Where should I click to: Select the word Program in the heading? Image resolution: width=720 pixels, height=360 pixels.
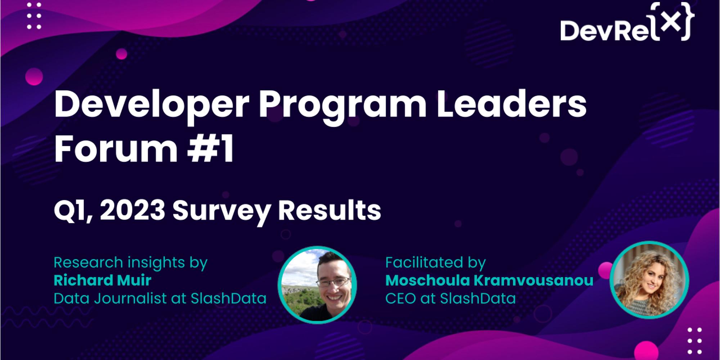pyautogui.click(x=342, y=105)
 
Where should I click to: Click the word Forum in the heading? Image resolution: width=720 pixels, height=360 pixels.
pyautogui.click(x=116, y=148)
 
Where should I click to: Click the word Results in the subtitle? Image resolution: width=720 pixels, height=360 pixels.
pyautogui.click(x=329, y=211)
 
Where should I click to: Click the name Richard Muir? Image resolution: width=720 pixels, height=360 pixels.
pyautogui.click(x=102, y=280)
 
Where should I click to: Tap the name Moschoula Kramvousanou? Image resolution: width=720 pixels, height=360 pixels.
pyautogui.click(x=489, y=280)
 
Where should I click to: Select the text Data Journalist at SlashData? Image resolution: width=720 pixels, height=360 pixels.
pyautogui.click(x=160, y=298)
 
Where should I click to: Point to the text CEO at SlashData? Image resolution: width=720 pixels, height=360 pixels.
pyautogui.click(x=450, y=298)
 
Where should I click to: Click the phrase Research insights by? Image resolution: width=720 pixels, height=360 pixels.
pyautogui.click(x=130, y=263)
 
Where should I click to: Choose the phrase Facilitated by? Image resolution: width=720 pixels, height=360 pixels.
pyautogui.click(x=435, y=262)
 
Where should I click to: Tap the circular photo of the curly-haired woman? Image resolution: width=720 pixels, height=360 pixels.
pyautogui.click(x=649, y=280)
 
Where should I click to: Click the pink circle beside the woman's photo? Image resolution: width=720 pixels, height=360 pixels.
pyautogui.click(x=604, y=270)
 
